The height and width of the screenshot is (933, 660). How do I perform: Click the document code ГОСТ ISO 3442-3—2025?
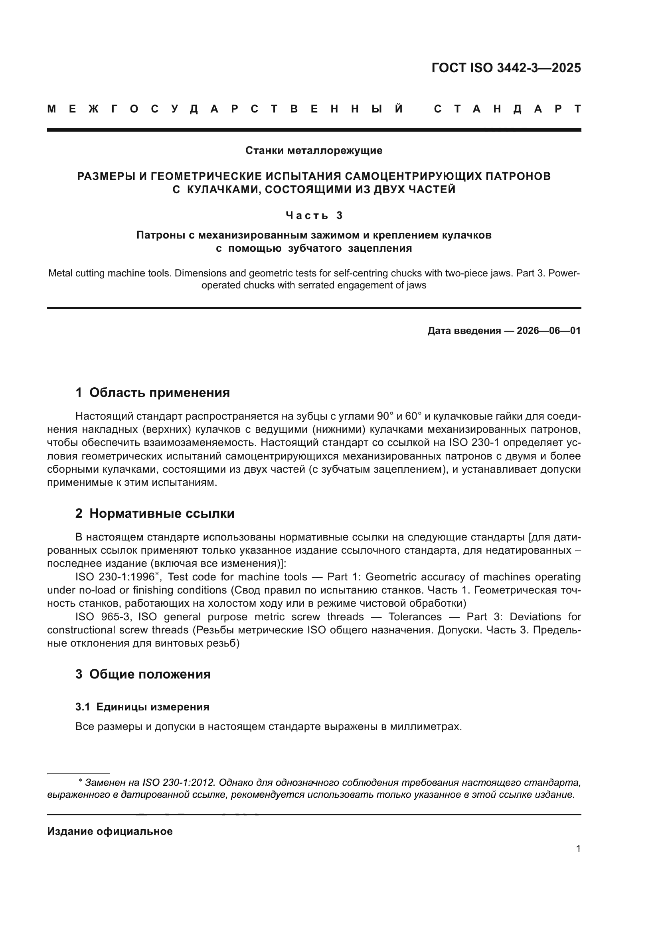pos(506,68)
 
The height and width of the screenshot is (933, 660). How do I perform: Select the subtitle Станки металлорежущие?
pos(314,151)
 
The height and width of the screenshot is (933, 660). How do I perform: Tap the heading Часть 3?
pos(314,215)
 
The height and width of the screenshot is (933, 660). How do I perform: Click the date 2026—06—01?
pos(549,331)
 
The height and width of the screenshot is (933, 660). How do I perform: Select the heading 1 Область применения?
pos(152,393)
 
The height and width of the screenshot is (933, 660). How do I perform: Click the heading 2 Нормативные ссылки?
pos(155,514)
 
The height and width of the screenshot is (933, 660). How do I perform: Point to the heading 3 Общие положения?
pos(143,674)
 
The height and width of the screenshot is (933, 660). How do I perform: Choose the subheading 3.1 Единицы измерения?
pos(142,707)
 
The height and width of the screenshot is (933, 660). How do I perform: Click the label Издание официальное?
pos(110,831)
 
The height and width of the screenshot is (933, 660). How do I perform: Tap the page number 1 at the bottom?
pos(578,849)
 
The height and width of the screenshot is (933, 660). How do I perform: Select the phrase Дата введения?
pos(464,331)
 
